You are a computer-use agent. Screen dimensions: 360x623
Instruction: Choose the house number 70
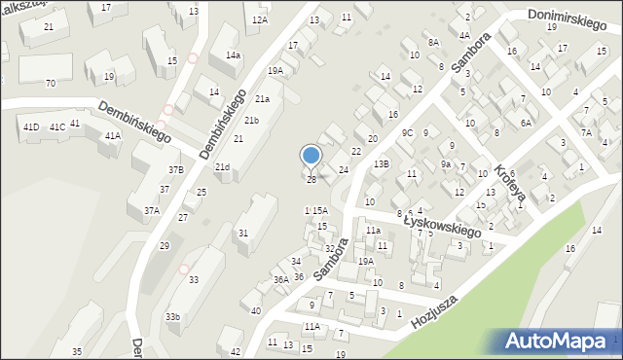click(50, 83)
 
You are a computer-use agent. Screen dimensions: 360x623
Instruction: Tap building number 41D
click(31, 127)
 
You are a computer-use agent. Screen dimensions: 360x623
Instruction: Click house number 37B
click(175, 170)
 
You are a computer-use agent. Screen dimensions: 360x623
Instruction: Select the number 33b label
click(172, 317)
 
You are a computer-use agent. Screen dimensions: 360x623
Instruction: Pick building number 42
click(235, 351)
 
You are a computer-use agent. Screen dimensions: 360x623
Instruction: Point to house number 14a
click(233, 55)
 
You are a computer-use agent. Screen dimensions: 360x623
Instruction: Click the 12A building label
click(259, 19)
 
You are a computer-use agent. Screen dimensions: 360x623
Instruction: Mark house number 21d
click(223, 167)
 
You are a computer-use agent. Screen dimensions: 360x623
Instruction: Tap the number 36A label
click(280, 279)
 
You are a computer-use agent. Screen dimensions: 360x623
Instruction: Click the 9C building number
click(408, 132)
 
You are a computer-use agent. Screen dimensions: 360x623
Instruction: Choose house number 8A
click(434, 43)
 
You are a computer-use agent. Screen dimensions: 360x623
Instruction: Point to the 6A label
click(526, 123)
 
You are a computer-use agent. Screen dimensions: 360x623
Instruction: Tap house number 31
click(243, 233)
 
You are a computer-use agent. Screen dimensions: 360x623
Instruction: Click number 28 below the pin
click(311, 180)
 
